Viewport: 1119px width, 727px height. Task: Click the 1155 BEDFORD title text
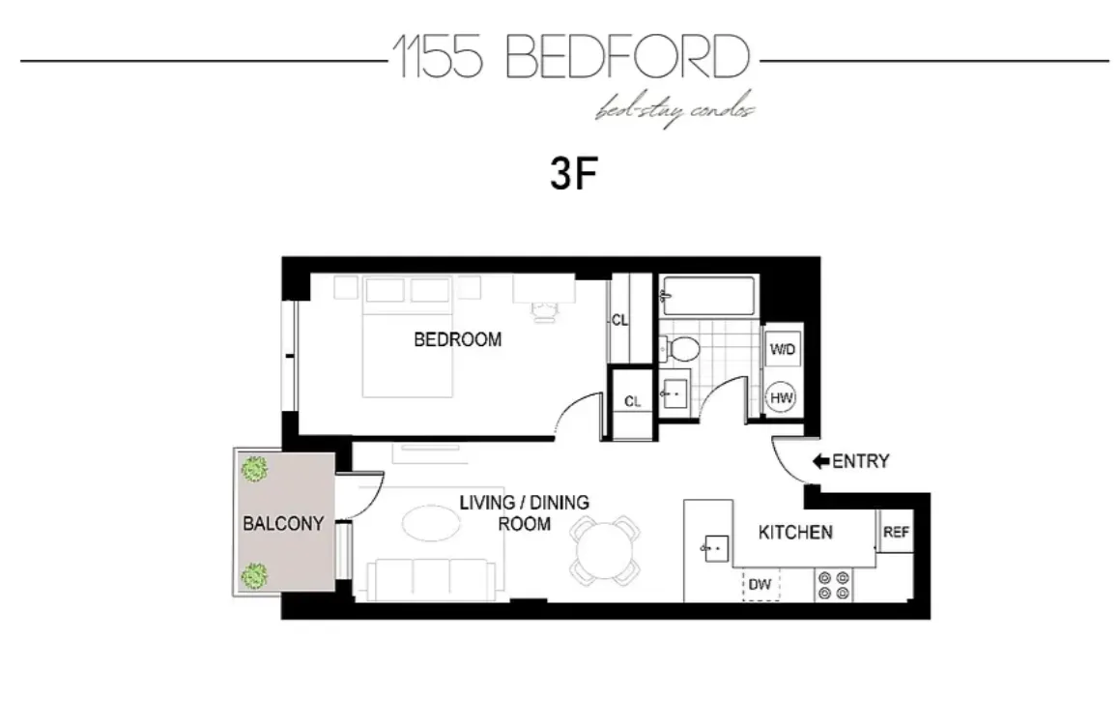tap(570, 58)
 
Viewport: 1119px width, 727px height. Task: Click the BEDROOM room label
tap(457, 339)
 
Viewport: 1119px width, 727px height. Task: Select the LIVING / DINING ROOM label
tap(524, 513)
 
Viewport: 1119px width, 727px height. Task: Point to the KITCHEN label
tap(794, 533)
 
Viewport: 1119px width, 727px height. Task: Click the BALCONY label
tap(283, 524)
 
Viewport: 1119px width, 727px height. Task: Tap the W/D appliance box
tap(781, 350)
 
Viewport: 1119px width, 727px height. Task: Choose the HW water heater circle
tap(781, 397)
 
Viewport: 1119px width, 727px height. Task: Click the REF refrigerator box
tap(896, 533)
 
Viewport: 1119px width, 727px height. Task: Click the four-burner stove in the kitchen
tap(835, 586)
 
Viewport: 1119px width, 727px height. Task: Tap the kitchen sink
tap(712, 547)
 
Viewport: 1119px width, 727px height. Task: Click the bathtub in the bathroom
tap(707, 296)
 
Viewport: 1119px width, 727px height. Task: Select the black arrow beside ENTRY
tap(820, 462)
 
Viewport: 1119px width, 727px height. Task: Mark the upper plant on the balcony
tap(255, 471)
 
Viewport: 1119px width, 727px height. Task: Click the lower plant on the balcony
tap(255, 577)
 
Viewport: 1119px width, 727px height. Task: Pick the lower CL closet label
tap(633, 402)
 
